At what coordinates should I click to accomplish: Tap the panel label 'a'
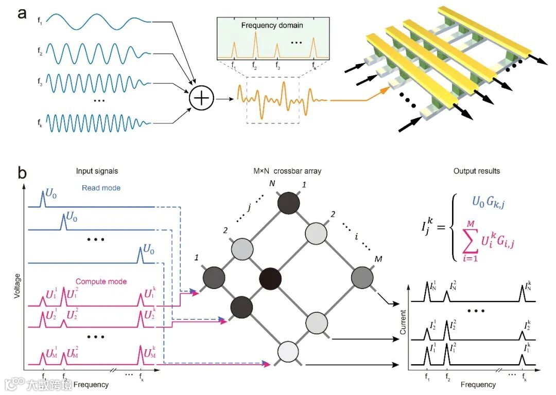point(22,14)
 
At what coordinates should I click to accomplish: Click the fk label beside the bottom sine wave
point(40,123)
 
